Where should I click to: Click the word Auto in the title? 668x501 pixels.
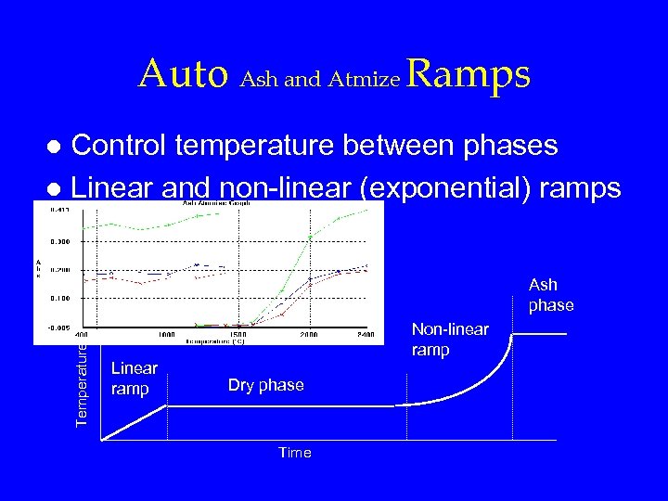click(183, 74)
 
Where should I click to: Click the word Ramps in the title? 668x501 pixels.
click(469, 74)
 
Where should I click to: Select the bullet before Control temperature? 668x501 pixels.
click(56, 147)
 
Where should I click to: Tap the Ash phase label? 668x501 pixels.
click(551, 295)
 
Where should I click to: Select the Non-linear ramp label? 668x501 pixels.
click(449, 339)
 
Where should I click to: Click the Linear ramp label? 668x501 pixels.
click(134, 378)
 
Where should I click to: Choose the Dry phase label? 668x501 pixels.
click(265, 385)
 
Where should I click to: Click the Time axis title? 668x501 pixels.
click(295, 453)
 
